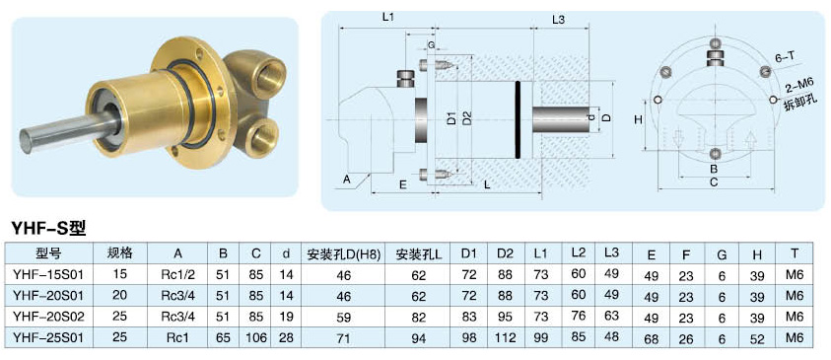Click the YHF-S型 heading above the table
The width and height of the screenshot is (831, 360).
coord(48,228)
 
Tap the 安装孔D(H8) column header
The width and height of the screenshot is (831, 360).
coord(344,255)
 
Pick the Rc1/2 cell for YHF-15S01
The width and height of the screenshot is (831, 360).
coord(177,274)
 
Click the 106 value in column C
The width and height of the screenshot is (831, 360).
coord(256,337)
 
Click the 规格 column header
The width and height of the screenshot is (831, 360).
coord(120,253)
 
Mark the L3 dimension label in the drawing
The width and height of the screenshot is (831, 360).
coord(558,20)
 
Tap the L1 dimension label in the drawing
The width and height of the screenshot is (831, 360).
coord(388,17)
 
